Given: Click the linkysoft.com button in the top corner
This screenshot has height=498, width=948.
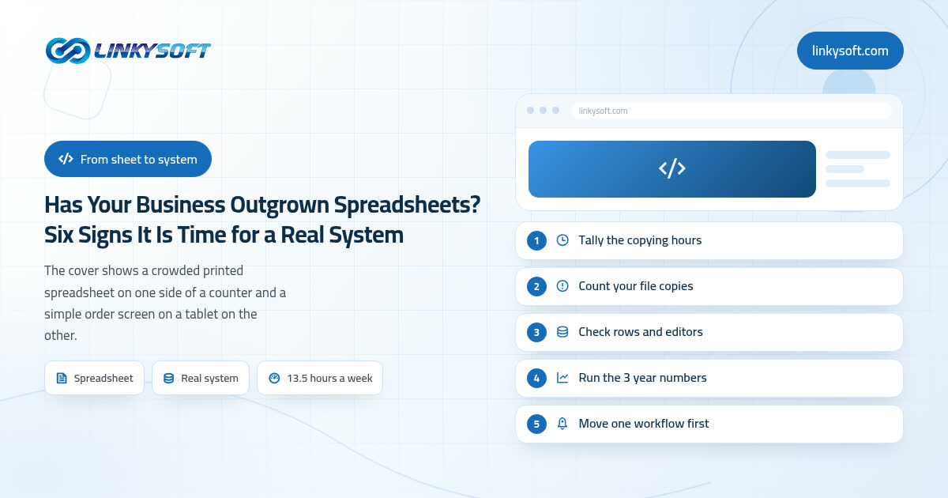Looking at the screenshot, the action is (x=850, y=51).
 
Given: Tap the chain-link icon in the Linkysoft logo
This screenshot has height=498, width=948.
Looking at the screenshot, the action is (x=68, y=51).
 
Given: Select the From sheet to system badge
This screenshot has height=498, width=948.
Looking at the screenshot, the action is (x=128, y=159).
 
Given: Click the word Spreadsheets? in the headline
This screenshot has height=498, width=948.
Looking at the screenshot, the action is (x=407, y=205).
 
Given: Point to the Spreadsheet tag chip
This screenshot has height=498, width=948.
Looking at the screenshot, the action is (x=94, y=378).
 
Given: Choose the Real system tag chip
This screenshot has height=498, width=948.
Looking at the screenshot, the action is (x=201, y=378).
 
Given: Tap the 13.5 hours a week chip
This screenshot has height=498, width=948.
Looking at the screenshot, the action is (x=320, y=378).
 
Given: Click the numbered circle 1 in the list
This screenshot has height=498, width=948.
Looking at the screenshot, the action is (x=536, y=240).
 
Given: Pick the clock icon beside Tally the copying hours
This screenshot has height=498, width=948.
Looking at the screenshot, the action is (x=562, y=240).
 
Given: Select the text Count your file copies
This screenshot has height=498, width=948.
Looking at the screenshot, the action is (x=636, y=286).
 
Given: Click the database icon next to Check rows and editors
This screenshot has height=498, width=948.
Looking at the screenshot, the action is (x=562, y=331).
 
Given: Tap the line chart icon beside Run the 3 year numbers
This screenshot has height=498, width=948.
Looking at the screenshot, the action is (x=562, y=377).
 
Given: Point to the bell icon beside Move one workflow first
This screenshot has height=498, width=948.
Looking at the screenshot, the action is (x=562, y=423).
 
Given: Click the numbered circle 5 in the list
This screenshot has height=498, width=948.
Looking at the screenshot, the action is (x=536, y=424).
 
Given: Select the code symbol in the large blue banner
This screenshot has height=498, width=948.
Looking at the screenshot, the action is (x=672, y=168).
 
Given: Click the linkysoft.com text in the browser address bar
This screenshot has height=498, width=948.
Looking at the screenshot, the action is (x=603, y=111).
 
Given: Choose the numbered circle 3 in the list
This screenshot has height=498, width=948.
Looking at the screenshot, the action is (x=536, y=333).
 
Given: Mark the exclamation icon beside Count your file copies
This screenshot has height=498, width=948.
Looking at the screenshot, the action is (x=562, y=286).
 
